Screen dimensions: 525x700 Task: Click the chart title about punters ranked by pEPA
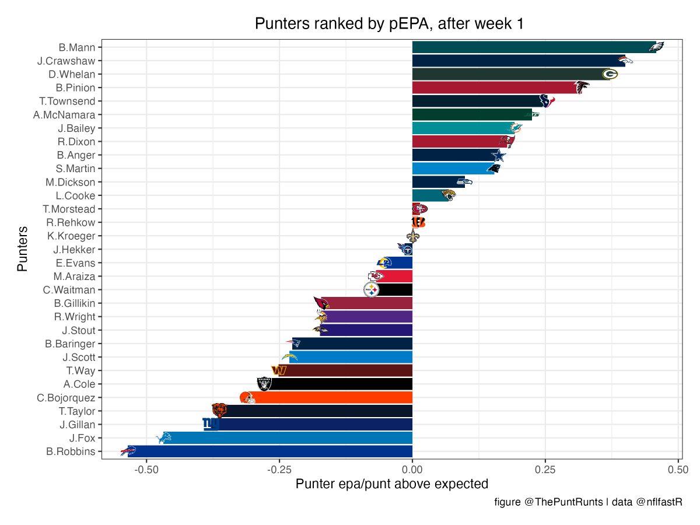[x=389, y=24]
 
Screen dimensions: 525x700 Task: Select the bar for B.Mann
[x=534, y=47]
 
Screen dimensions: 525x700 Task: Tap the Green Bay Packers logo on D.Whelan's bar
[x=610, y=74]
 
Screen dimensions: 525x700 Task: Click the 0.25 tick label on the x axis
[x=545, y=470]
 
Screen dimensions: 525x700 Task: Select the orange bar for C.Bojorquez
[x=332, y=398]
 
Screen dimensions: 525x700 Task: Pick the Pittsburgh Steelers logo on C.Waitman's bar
[x=372, y=290]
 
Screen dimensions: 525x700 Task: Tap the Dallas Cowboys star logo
[x=498, y=155]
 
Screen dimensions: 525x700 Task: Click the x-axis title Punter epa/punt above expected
[x=392, y=484]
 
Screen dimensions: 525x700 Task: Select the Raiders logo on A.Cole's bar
[x=264, y=384]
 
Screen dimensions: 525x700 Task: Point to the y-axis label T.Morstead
[x=69, y=209]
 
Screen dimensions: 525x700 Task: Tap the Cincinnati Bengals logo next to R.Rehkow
[x=418, y=222]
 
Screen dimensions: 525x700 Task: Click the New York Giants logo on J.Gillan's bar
[x=211, y=424]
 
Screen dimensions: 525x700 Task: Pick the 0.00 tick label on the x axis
[x=412, y=470]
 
